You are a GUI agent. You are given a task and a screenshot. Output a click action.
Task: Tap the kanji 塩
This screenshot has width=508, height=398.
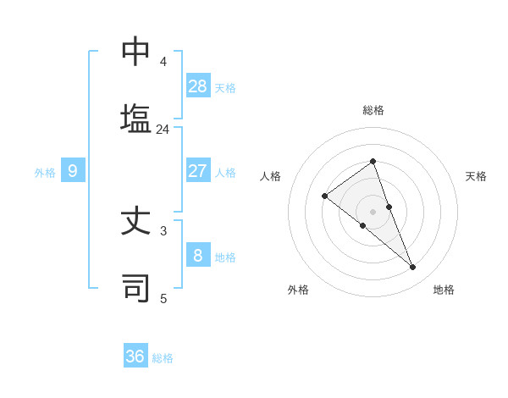pos(135,118)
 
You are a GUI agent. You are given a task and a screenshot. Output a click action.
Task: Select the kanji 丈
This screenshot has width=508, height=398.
pos(135,221)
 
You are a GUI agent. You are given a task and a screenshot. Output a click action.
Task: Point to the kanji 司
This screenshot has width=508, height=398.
pos(135,288)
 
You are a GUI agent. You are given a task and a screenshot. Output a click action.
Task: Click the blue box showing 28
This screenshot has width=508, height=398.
pos(198,86)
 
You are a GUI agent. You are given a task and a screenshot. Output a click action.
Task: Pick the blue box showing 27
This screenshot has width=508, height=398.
pos(198,170)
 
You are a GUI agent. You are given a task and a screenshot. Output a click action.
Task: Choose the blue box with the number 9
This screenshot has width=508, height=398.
pos(73,171)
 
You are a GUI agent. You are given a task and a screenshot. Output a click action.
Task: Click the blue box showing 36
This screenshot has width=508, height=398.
pos(135,357)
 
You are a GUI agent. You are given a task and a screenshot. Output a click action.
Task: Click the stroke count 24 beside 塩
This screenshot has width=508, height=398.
pos(163,130)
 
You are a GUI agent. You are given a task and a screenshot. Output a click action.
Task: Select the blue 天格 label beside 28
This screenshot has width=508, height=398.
pos(225,87)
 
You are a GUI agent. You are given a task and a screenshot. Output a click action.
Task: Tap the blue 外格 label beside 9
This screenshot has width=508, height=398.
pos(45,173)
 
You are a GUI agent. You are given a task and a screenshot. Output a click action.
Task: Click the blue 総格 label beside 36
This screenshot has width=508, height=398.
pos(163,358)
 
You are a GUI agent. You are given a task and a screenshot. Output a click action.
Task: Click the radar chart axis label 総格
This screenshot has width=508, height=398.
pos(373,110)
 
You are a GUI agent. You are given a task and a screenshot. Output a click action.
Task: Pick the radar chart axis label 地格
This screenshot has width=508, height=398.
pos(444,290)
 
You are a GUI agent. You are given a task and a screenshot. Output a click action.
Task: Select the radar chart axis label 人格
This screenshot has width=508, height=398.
pos(271,176)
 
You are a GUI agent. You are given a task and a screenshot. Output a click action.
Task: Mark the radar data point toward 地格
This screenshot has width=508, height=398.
pos(413,268)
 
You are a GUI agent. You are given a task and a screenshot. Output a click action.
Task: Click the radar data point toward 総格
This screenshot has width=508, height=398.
pos(373,161)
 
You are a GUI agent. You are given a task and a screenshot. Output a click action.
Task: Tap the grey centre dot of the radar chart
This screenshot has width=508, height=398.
pos(373,211)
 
